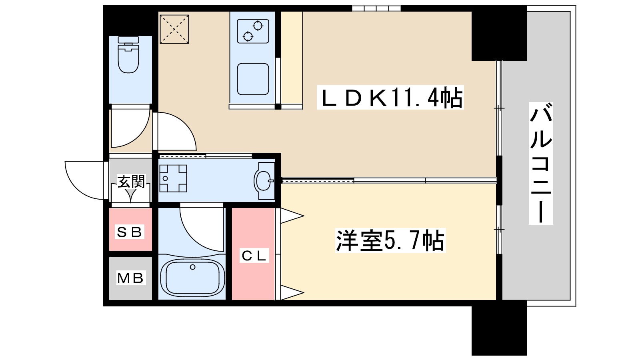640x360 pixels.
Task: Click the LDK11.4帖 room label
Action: (390, 98)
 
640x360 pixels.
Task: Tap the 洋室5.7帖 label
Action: (390, 240)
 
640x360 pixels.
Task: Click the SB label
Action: (130, 232)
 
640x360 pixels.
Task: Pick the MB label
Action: (130, 278)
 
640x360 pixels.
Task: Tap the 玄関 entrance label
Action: (131, 182)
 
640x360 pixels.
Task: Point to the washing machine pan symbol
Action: (173, 178)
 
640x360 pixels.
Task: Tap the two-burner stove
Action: (252, 31)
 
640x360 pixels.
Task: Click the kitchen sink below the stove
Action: (253, 78)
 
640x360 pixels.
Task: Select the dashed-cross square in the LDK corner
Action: (174, 29)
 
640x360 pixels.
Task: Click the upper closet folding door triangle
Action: (291, 216)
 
